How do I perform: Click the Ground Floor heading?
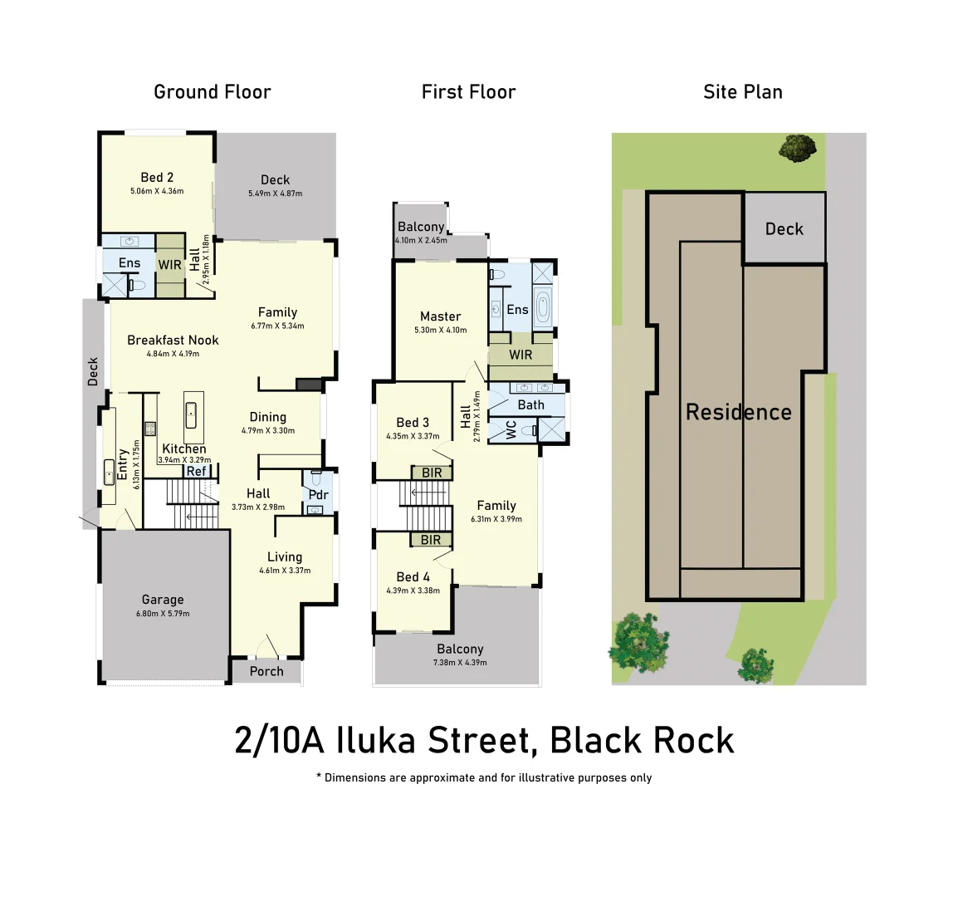tap(213, 91)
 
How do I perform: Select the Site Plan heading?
tap(742, 91)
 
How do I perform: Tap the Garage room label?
tap(163, 600)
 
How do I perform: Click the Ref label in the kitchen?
tap(196, 471)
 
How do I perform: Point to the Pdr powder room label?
tap(319, 495)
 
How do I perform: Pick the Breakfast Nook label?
tap(173, 340)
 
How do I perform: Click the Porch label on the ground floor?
tap(266, 671)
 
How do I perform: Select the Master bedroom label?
tap(440, 316)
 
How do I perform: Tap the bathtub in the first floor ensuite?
tap(543, 307)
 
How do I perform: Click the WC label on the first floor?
tap(511, 429)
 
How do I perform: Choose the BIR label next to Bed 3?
tap(432, 473)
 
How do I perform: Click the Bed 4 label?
tap(413, 576)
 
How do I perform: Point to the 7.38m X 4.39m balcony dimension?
tap(460, 663)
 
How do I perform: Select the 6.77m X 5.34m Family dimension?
tap(277, 326)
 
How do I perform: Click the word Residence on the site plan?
tap(738, 412)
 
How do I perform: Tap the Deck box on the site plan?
tap(784, 228)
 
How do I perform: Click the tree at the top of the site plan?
tap(797, 149)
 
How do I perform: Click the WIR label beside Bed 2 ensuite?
tap(170, 265)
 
